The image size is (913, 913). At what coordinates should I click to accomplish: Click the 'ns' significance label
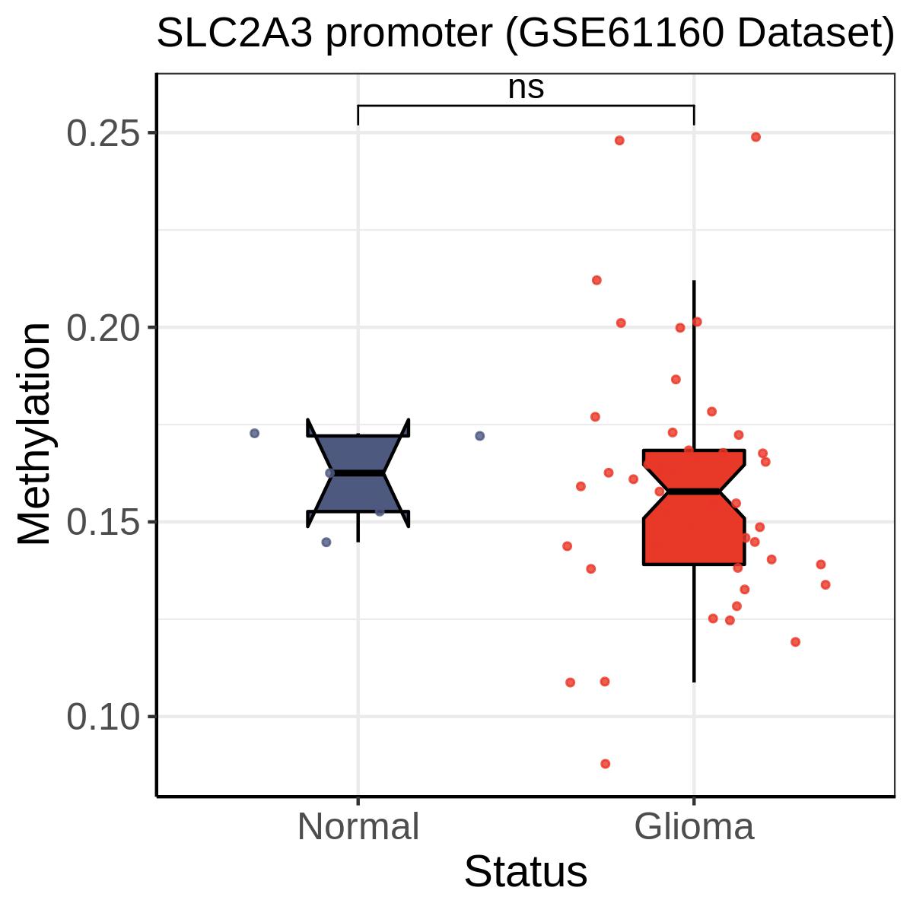pyautogui.click(x=526, y=88)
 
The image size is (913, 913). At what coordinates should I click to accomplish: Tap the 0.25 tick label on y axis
pyautogui.click(x=103, y=134)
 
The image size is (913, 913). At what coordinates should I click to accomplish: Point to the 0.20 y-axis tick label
pyautogui.click(x=103, y=329)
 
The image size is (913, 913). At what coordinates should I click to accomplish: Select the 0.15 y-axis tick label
pyautogui.click(x=103, y=523)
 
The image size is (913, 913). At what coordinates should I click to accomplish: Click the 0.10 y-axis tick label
pyautogui.click(x=103, y=717)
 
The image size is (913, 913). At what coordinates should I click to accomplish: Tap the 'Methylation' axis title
pyautogui.click(x=34, y=434)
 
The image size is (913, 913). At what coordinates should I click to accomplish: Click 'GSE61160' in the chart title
pyautogui.click(x=621, y=34)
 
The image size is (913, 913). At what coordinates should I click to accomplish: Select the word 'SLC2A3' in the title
pyautogui.click(x=235, y=34)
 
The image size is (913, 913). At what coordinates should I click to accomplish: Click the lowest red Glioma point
pyautogui.click(x=606, y=764)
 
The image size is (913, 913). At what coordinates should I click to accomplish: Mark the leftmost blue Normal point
pyautogui.click(x=254, y=433)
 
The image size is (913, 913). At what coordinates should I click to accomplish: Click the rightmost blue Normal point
pyautogui.click(x=480, y=436)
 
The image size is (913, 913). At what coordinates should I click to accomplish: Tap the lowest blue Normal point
pyautogui.click(x=326, y=542)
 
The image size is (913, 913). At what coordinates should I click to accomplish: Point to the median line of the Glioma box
pyautogui.click(x=694, y=491)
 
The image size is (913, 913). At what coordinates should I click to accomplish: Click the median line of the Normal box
pyautogui.click(x=358, y=473)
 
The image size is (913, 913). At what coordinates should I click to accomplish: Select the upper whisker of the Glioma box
pyautogui.click(x=694, y=365)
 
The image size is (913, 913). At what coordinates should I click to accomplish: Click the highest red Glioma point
pyautogui.click(x=756, y=137)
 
